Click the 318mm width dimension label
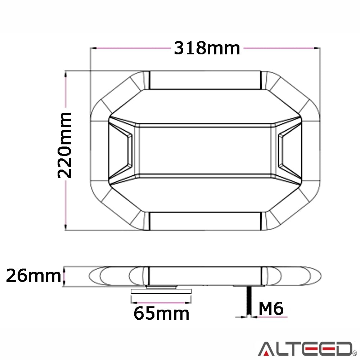(x=207, y=48)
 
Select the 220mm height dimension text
(x=65, y=145)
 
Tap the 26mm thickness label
(x=33, y=276)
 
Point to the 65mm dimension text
(x=161, y=313)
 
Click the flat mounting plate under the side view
(x=161, y=291)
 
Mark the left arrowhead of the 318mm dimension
(x=93, y=48)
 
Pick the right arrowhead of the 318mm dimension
(x=318, y=48)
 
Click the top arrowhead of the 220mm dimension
(x=65, y=73)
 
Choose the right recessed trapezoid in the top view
(x=289, y=150)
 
